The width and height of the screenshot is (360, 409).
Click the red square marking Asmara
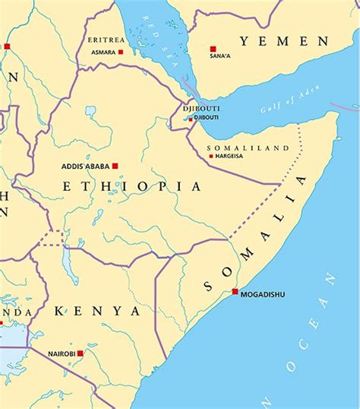121,52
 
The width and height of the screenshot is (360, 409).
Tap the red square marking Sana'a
213,49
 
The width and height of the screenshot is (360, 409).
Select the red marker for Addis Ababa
115,165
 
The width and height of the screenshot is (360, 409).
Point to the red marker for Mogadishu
235,292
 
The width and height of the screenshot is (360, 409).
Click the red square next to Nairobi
80,353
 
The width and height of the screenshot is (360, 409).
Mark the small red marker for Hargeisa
210,157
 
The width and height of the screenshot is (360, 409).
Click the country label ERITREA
105,40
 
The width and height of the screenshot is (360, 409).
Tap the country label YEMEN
284,41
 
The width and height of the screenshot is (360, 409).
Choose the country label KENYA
97,311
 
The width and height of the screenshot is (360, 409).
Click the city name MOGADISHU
263,295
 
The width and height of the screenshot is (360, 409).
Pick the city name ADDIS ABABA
85,166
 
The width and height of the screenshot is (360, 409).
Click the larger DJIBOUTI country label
201,109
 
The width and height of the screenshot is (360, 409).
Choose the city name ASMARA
103,52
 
